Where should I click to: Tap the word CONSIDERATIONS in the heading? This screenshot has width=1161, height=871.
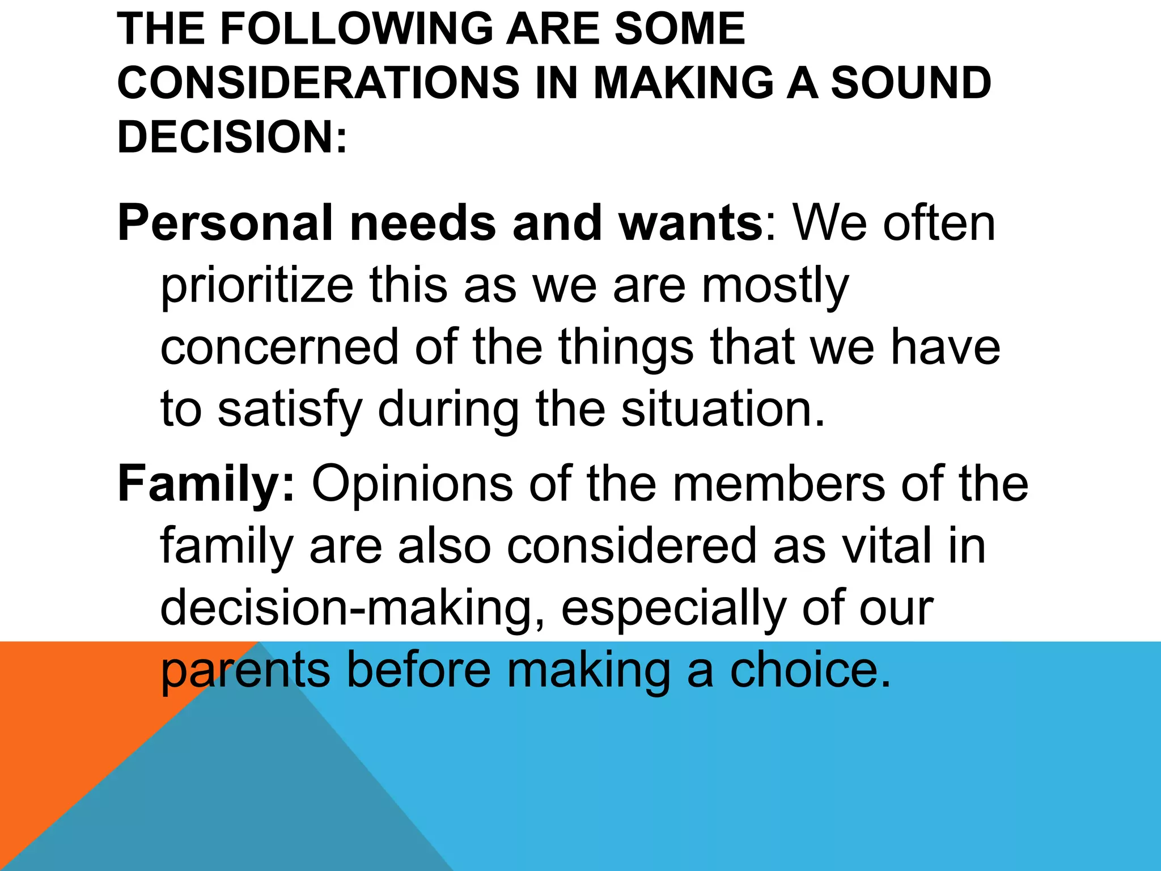[318, 83]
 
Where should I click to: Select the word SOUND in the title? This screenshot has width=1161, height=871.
[911, 83]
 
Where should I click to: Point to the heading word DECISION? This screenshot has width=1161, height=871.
[232, 137]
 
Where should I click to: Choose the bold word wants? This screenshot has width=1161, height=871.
[692, 223]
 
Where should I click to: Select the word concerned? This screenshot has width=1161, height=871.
[279, 347]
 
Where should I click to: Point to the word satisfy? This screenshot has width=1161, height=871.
[290, 409]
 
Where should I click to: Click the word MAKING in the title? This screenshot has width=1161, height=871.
[683, 83]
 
